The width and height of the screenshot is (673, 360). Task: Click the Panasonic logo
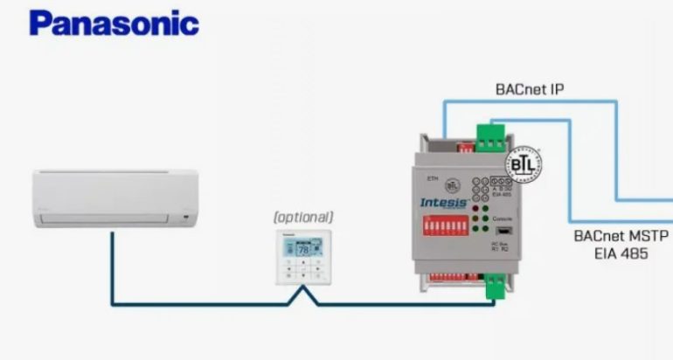[114, 23]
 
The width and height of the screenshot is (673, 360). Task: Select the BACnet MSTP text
[621, 236]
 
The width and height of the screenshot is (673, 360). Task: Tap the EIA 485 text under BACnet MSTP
[621, 253]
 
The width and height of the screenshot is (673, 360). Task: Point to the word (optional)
[303, 217]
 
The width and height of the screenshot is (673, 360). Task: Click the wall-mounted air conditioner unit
[115, 196]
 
